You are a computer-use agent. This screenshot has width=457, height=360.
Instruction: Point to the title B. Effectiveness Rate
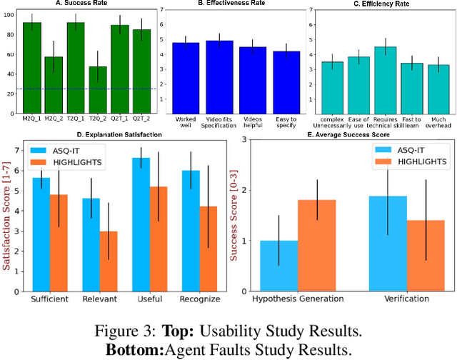click(236, 4)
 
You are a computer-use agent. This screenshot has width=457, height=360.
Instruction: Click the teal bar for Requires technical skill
click(386, 79)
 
